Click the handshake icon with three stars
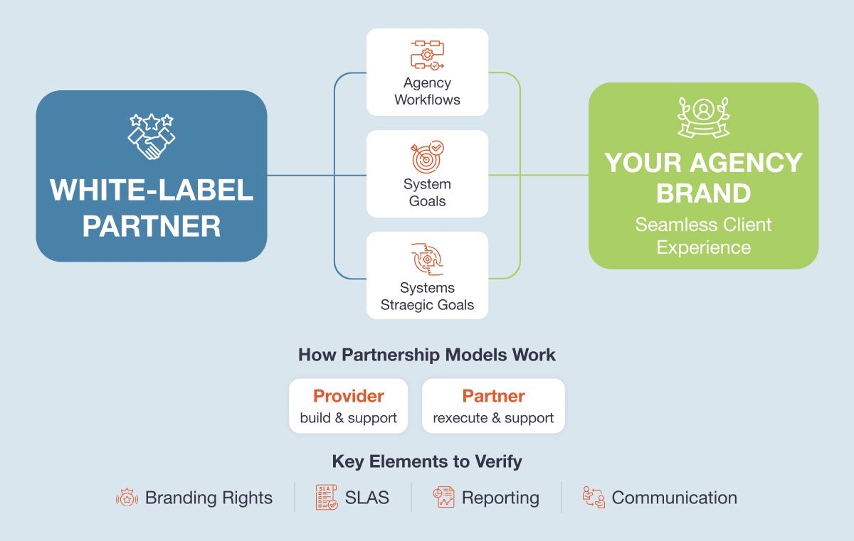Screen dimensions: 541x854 coord(151,136)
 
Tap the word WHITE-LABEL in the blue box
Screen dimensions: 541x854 coord(151,191)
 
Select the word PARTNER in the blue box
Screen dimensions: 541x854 coord(151,227)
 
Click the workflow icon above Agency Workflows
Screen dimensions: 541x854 coord(427,55)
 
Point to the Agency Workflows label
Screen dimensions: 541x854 coord(427,92)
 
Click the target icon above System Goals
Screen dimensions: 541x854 coord(427,156)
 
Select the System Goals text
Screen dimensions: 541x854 coord(427,193)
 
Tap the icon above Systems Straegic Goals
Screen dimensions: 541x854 coord(427,259)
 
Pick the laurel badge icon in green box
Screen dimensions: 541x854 coord(703,117)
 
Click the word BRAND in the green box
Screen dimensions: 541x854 coord(703,193)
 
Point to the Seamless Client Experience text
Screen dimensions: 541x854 coord(703,236)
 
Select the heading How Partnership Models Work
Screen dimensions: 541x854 coord(427,355)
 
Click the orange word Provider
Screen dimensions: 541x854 coord(349,396)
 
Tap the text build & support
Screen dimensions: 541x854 coord(349,418)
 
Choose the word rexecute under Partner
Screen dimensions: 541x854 coord(460,418)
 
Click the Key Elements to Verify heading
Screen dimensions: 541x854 coord(427,461)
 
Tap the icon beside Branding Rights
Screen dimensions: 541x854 coord(127,498)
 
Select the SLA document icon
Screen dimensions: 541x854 coord(327,498)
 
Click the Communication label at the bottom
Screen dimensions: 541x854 coord(674,498)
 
